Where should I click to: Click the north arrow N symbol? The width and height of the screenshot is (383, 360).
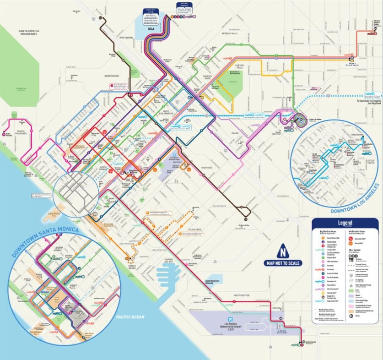(x=283, y=252)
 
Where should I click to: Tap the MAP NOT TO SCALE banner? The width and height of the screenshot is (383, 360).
(x=283, y=263)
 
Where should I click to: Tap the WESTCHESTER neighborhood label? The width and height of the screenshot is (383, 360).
(x=241, y=295)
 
